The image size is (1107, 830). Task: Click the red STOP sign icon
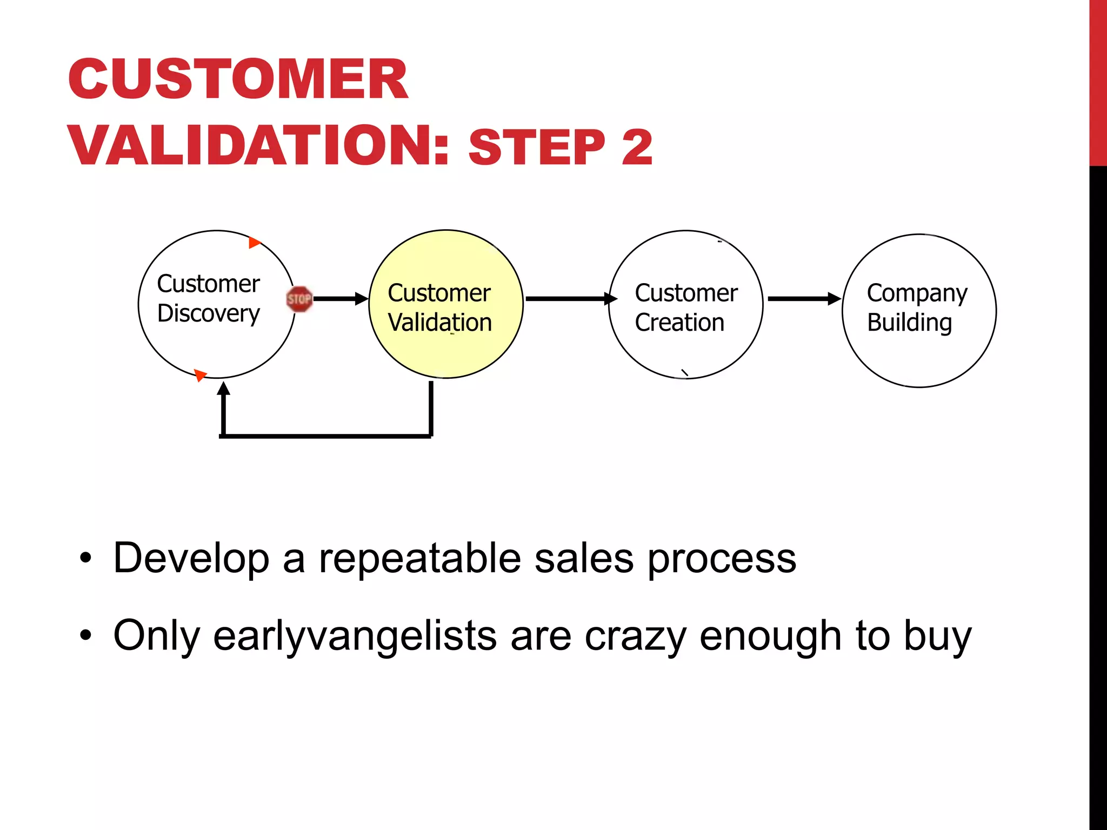[x=299, y=299]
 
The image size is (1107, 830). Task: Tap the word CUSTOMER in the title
[x=238, y=79]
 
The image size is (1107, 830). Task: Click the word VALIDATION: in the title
[x=258, y=145]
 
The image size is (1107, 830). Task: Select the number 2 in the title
[x=637, y=148]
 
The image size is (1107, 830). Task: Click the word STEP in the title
[x=537, y=148]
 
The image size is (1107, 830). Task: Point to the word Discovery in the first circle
[x=209, y=314]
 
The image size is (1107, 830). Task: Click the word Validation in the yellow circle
[x=439, y=323]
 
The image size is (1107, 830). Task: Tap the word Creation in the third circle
[x=679, y=323]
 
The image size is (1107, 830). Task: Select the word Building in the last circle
[x=909, y=323]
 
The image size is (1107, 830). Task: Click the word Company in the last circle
[x=917, y=293]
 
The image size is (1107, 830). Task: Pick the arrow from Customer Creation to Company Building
[x=803, y=298]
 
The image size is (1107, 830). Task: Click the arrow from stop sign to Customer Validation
[x=339, y=299]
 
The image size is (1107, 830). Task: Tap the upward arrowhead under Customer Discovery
[x=223, y=389]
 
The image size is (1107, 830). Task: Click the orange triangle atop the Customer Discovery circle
[x=254, y=243]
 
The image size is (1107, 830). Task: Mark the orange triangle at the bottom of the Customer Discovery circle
[x=200, y=374]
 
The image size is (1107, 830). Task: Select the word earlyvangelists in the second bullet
[x=355, y=636]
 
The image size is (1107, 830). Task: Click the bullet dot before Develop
[x=85, y=558]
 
